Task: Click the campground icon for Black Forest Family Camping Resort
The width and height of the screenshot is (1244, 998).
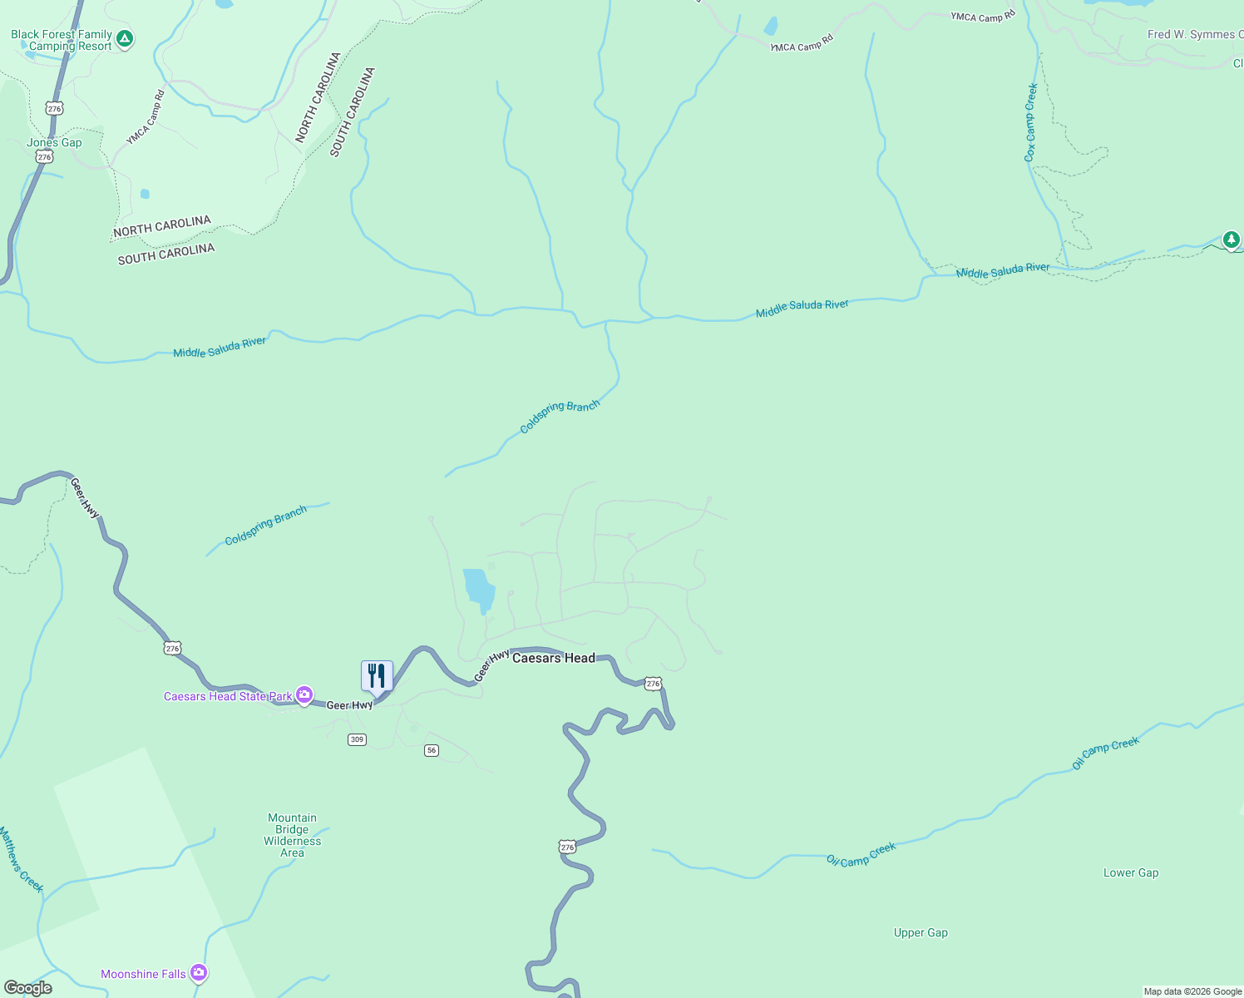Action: (x=124, y=38)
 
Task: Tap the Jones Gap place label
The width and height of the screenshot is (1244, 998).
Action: (x=54, y=142)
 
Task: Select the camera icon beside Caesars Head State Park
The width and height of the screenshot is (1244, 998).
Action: (x=304, y=695)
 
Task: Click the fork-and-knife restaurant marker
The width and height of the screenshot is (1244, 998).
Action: (x=377, y=676)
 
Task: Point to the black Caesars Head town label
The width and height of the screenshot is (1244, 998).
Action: (x=554, y=658)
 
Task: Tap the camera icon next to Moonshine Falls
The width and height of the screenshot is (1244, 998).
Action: (x=198, y=972)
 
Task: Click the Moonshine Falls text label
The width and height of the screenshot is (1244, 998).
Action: (x=143, y=974)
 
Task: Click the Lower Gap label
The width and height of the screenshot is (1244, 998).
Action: (x=1130, y=872)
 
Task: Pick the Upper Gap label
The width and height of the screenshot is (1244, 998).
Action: (x=921, y=932)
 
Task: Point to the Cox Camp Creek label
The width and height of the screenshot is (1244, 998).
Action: (x=1031, y=122)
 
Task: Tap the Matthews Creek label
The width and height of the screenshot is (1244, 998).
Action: (x=20, y=859)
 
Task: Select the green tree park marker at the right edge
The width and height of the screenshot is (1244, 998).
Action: (x=1231, y=240)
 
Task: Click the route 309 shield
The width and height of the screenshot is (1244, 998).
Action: (x=357, y=739)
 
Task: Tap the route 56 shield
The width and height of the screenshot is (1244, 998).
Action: (x=431, y=750)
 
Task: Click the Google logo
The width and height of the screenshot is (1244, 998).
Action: (x=28, y=987)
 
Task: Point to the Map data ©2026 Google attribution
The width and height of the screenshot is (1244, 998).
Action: (x=1192, y=991)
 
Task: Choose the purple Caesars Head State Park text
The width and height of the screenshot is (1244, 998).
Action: (x=228, y=696)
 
